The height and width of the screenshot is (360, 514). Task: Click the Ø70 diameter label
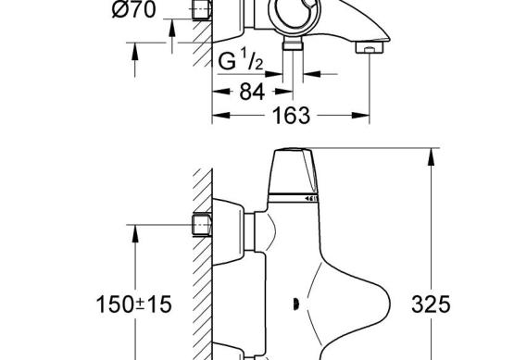pos(133,9)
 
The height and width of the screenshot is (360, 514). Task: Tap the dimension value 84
pos(252,92)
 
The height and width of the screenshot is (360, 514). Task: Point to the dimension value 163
pos(291,116)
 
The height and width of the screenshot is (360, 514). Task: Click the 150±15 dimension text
pos(133,304)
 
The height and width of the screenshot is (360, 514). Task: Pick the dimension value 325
pos(431,304)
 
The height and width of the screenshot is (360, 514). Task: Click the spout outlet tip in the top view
pos(370,46)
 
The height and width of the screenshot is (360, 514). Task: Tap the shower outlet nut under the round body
pos(293,43)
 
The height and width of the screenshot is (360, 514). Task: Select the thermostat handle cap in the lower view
pos(293,171)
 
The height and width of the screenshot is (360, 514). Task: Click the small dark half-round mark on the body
pos(295,304)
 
